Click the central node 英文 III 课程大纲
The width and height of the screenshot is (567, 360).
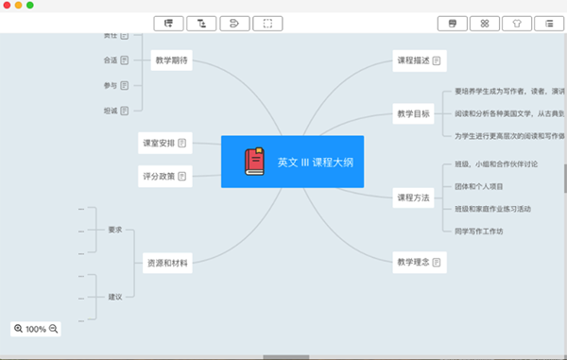point(292,162)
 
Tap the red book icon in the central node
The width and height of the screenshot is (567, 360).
point(254,162)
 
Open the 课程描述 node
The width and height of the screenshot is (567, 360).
point(419,60)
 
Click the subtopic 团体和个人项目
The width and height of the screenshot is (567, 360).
point(485,186)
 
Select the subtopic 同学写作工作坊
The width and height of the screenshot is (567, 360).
point(485,231)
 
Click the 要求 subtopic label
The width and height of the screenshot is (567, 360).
point(115,230)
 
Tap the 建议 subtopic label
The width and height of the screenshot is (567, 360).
point(115,297)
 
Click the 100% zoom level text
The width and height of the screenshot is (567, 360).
point(36,329)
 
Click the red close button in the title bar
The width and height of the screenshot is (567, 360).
point(7,6)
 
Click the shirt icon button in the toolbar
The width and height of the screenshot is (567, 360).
point(516,23)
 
